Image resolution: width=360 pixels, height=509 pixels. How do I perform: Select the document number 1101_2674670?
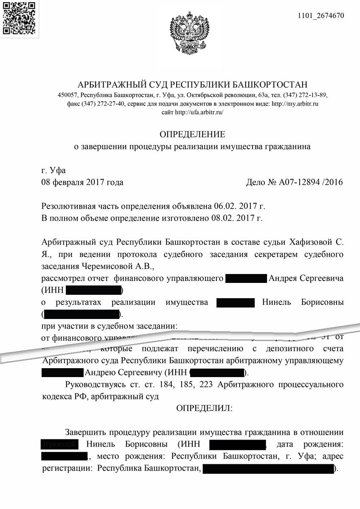coord(322,16)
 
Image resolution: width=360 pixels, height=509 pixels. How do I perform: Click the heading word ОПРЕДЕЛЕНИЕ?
coord(192,135)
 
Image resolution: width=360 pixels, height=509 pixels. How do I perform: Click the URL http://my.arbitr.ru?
coord(295,103)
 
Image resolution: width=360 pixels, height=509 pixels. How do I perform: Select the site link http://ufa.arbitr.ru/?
coord(199,112)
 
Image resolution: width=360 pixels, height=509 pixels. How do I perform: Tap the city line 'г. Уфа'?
coord(53,171)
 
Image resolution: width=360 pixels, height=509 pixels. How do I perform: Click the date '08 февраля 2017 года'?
coord(82,183)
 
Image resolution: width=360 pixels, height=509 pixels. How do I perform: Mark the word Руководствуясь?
coord(95,385)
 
